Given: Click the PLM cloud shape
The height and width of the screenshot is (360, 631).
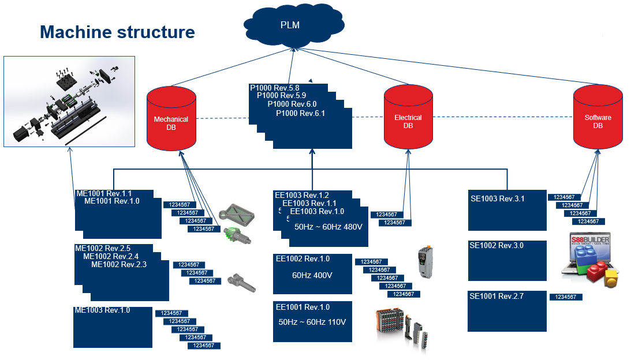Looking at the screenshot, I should pos(294,26).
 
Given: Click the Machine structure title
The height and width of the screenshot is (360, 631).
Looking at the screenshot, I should pos(117,32).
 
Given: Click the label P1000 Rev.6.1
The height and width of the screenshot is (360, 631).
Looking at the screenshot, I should pos(300,114).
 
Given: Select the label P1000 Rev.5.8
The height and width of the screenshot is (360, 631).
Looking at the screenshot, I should pos(275,88).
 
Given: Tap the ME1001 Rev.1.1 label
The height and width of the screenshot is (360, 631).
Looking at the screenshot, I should pos(104,193).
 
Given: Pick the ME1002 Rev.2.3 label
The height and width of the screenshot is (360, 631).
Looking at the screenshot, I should pos(119,265).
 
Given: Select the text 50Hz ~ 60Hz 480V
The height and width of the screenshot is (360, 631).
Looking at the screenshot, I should pos(328,227).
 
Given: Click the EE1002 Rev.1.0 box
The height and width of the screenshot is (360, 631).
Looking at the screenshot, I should pos(312,273).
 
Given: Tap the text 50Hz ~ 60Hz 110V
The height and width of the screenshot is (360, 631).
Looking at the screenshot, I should pos(312,322).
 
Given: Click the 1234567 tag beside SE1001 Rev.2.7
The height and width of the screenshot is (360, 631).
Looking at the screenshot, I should pos(566,297).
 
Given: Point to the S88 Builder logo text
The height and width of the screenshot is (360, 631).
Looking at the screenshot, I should pos(589,241).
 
